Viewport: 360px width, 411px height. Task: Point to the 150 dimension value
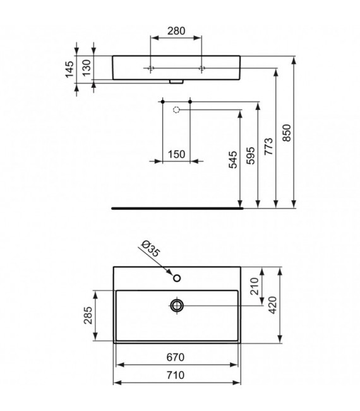click(x=176, y=155)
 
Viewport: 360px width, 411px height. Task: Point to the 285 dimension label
click(x=88, y=317)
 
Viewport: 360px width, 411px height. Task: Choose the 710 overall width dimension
click(x=176, y=375)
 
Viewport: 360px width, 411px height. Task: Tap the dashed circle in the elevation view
click(x=177, y=110)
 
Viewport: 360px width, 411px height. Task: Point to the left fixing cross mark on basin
click(x=152, y=68)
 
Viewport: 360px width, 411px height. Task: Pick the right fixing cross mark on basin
click(x=202, y=68)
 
